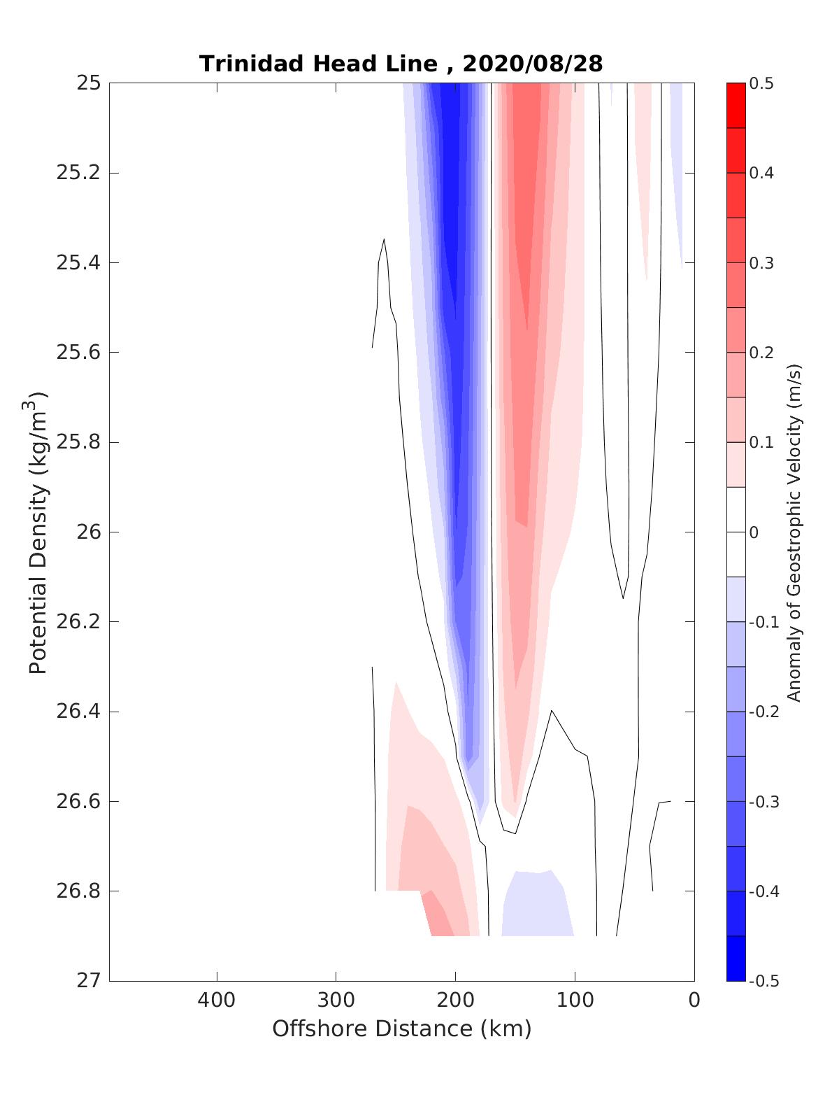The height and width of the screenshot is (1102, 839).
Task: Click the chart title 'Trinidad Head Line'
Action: pos(318,64)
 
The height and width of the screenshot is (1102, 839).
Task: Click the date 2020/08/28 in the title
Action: pos(532,64)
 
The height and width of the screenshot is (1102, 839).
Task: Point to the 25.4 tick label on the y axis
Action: pos(78,263)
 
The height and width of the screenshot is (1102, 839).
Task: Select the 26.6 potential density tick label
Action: pos(78,801)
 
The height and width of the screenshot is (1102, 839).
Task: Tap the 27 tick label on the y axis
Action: pos(88,981)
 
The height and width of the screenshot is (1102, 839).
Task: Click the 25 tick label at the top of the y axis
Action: pos(88,83)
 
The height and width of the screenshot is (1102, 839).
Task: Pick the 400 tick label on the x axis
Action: pos(217,1000)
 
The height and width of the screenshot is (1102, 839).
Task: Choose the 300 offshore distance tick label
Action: pos(336,1000)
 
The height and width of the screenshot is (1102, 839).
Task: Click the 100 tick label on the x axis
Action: pos(575,1000)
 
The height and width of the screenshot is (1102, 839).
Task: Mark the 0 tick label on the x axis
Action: pos(694,1000)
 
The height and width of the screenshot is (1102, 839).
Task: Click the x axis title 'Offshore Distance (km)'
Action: pos(401,1029)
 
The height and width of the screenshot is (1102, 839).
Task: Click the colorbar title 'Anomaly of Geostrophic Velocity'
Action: pos(794,532)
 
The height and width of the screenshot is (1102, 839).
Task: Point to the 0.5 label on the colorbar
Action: pos(761,84)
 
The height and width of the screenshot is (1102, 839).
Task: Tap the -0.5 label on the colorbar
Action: pos(763,981)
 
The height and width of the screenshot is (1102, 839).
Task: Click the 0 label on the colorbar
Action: pos(754,532)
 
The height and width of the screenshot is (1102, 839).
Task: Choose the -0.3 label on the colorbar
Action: pos(763,802)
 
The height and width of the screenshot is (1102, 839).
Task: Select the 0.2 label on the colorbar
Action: pos(761,353)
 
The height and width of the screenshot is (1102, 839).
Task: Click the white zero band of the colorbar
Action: pos(736,532)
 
